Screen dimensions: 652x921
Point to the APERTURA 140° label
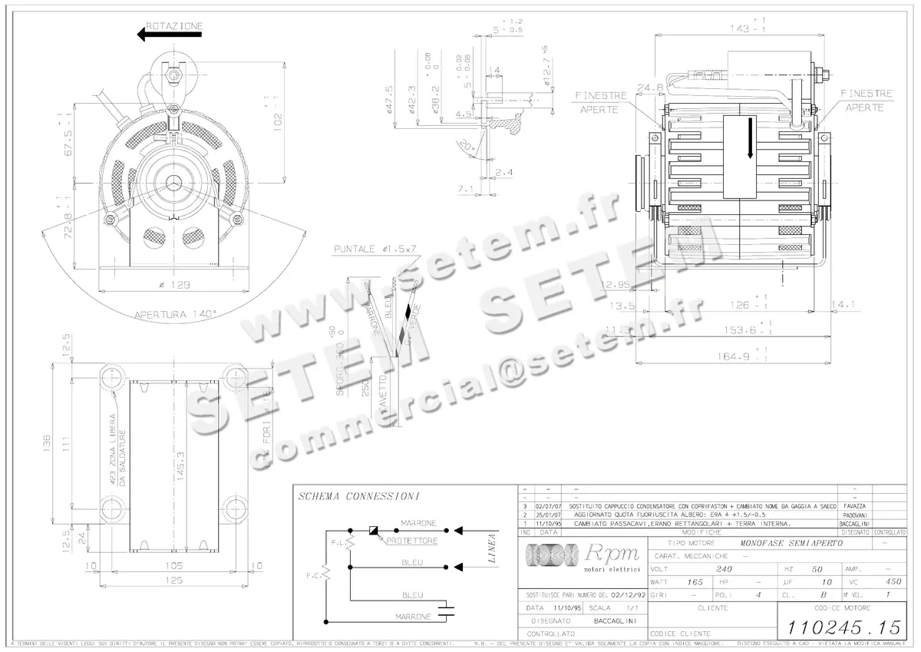pos(176,313)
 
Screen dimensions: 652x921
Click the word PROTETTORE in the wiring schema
pos(412,541)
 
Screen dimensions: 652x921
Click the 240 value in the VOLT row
pos(722,569)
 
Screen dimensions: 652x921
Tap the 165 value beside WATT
pos(695,582)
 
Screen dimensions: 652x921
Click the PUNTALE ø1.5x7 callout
pos(375,250)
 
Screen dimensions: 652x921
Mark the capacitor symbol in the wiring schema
pos(446,613)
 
